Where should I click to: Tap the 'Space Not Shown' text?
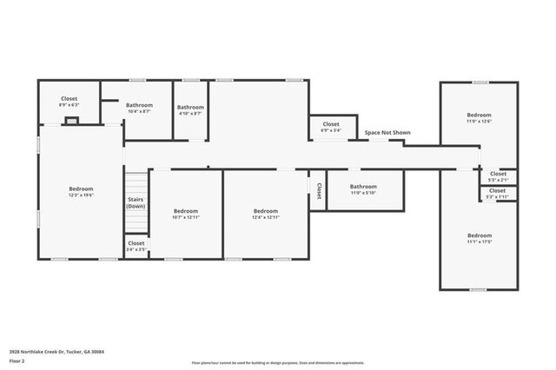click(387, 133)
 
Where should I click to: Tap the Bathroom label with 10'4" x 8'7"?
click(139, 107)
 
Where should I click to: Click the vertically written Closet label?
click(319, 189)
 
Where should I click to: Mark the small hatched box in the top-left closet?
click(71, 121)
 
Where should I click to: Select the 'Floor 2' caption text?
click(17, 360)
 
